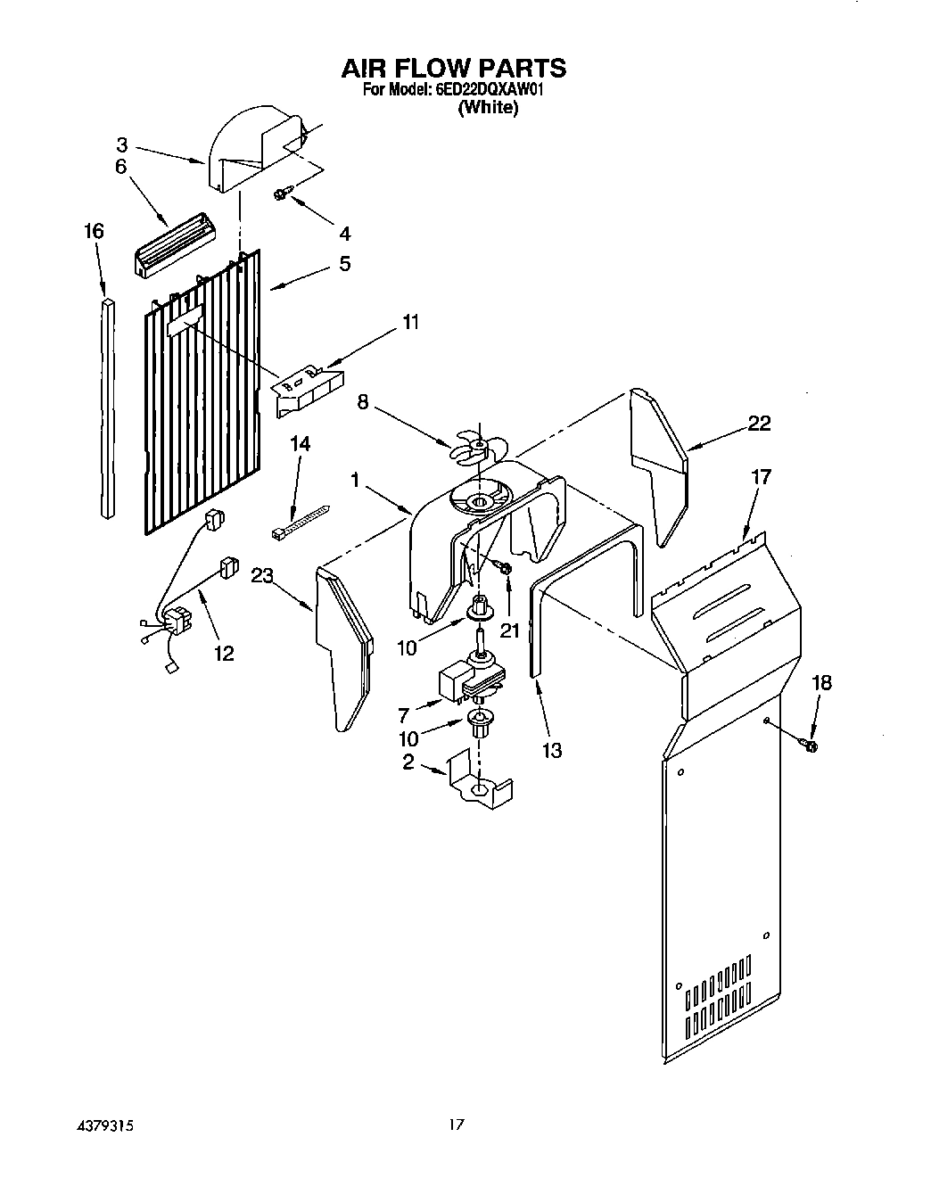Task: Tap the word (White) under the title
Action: pyautogui.click(x=488, y=108)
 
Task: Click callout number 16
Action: pyautogui.click(x=94, y=232)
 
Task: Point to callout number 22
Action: pyautogui.click(x=759, y=424)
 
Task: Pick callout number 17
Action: pyautogui.click(x=761, y=477)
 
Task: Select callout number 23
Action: pyautogui.click(x=261, y=576)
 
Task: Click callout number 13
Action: pyautogui.click(x=552, y=750)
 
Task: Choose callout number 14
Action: pyautogui.click(x=301, y=443)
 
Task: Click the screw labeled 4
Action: pyautogui.click(x=283, y=194)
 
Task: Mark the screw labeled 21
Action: pyautogui.click(x=506, y=568)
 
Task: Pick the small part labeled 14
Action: pyautogui.click(x=299, y=522)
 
